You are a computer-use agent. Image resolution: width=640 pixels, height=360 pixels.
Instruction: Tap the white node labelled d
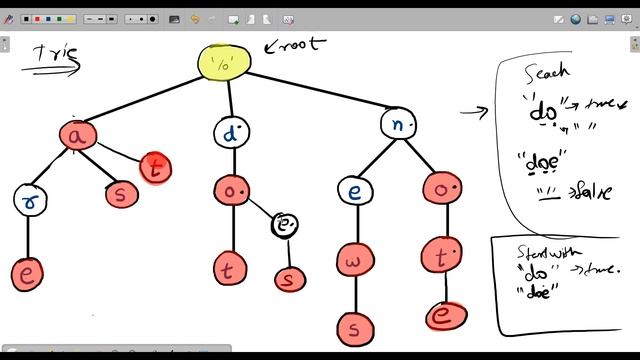[x=231, y=131]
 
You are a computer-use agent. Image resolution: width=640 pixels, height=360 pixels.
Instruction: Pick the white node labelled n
[x=397, y=124]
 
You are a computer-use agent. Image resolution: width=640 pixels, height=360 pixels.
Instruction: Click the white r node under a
[x=30, y=199]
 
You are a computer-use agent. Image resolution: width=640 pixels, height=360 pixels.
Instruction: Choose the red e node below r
[x=27, y=272]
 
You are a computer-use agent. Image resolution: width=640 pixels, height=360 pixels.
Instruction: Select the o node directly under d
[x=231, y=190]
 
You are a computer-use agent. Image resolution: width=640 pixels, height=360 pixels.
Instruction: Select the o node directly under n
[x=441, y=187]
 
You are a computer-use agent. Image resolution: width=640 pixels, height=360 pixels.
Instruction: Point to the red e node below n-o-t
[x=441, y=316]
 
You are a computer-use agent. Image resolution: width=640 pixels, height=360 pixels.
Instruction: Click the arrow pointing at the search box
[x=474, y=110]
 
